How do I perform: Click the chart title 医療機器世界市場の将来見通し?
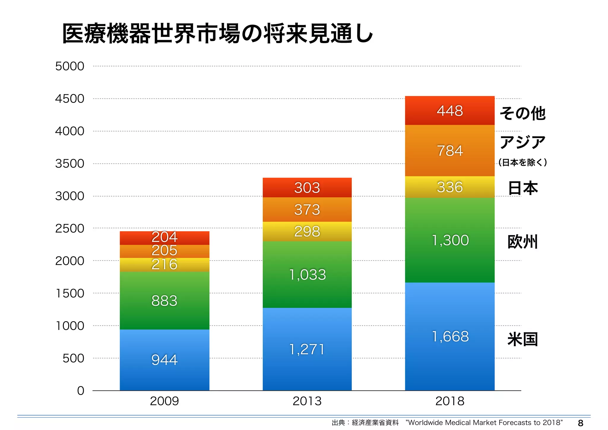[x=217, y=34]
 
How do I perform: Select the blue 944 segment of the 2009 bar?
[x=164, y=360]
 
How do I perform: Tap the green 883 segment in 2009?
[x=164, y=300]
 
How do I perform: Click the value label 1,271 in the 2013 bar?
[x=307, y=349]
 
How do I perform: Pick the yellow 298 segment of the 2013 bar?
[x=307, y=231]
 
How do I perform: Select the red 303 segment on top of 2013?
[x=307, y=188]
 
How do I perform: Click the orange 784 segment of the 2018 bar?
[x=450, y=151]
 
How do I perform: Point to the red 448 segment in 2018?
[x=450, y=111]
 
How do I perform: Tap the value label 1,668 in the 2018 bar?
[x=450, y=336]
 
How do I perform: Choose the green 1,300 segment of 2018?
[x=450, y=240]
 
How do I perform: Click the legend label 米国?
[x=522, y=339]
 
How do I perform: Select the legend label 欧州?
[x=522, y=242]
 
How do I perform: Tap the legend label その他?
[x=522, y=113]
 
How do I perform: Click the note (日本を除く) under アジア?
[x=522, y=162]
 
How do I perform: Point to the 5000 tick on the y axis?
[x=69, y=66]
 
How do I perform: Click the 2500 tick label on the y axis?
[x=69, y=229]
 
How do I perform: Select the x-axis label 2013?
[x=307, y=401]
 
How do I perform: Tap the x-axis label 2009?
[x=164, y=401]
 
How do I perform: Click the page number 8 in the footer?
[x=580, y=423]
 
